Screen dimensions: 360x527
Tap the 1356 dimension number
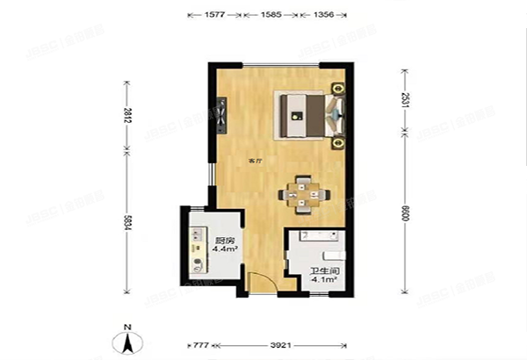click(x=322, y=15)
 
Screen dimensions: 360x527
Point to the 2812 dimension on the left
click(x=128, y=119)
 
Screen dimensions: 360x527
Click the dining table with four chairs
click(x=303, y=192)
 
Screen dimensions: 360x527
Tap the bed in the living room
click(x=306, y=114)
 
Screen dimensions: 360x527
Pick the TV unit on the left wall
click(x=221, y=115)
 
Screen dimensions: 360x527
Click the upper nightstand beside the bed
click(x=338, y=89)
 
